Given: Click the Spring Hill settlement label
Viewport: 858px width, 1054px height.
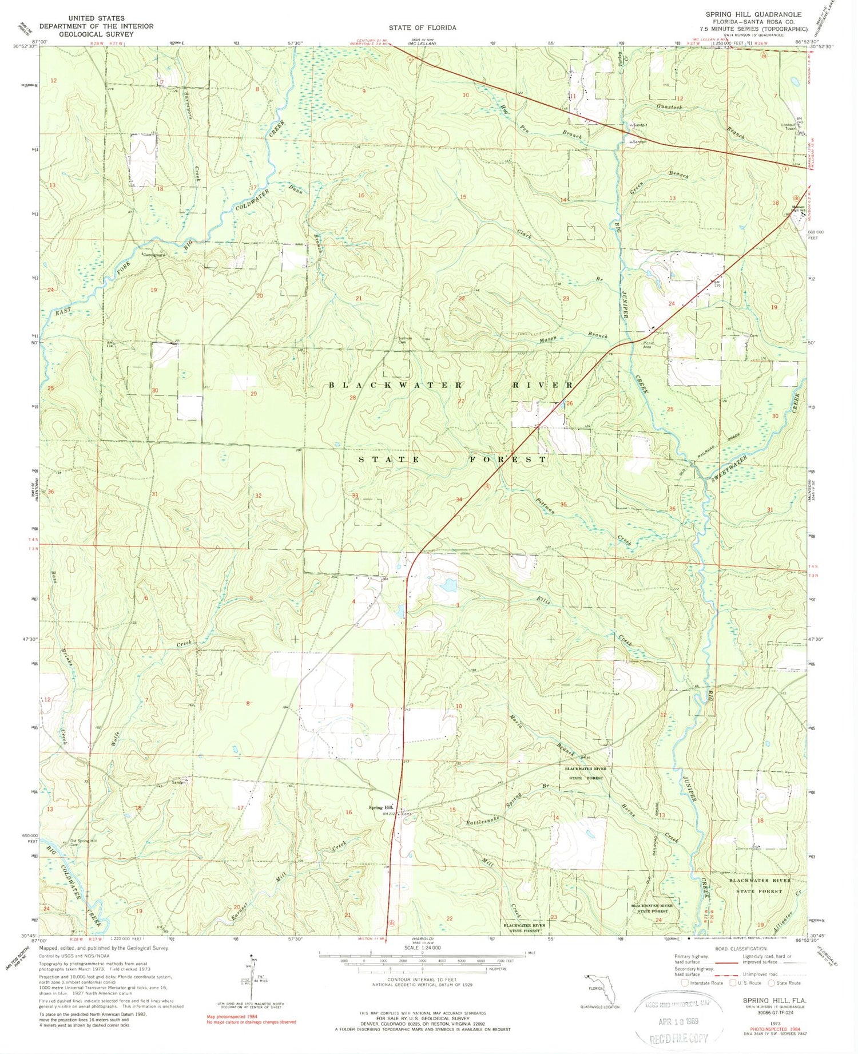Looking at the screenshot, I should [380, 808].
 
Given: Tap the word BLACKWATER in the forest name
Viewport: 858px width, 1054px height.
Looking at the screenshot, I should [395, 385].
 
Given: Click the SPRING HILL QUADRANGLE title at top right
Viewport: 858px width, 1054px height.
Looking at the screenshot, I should [753, 14].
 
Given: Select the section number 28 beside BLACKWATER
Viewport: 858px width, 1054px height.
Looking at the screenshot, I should [353, 398].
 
